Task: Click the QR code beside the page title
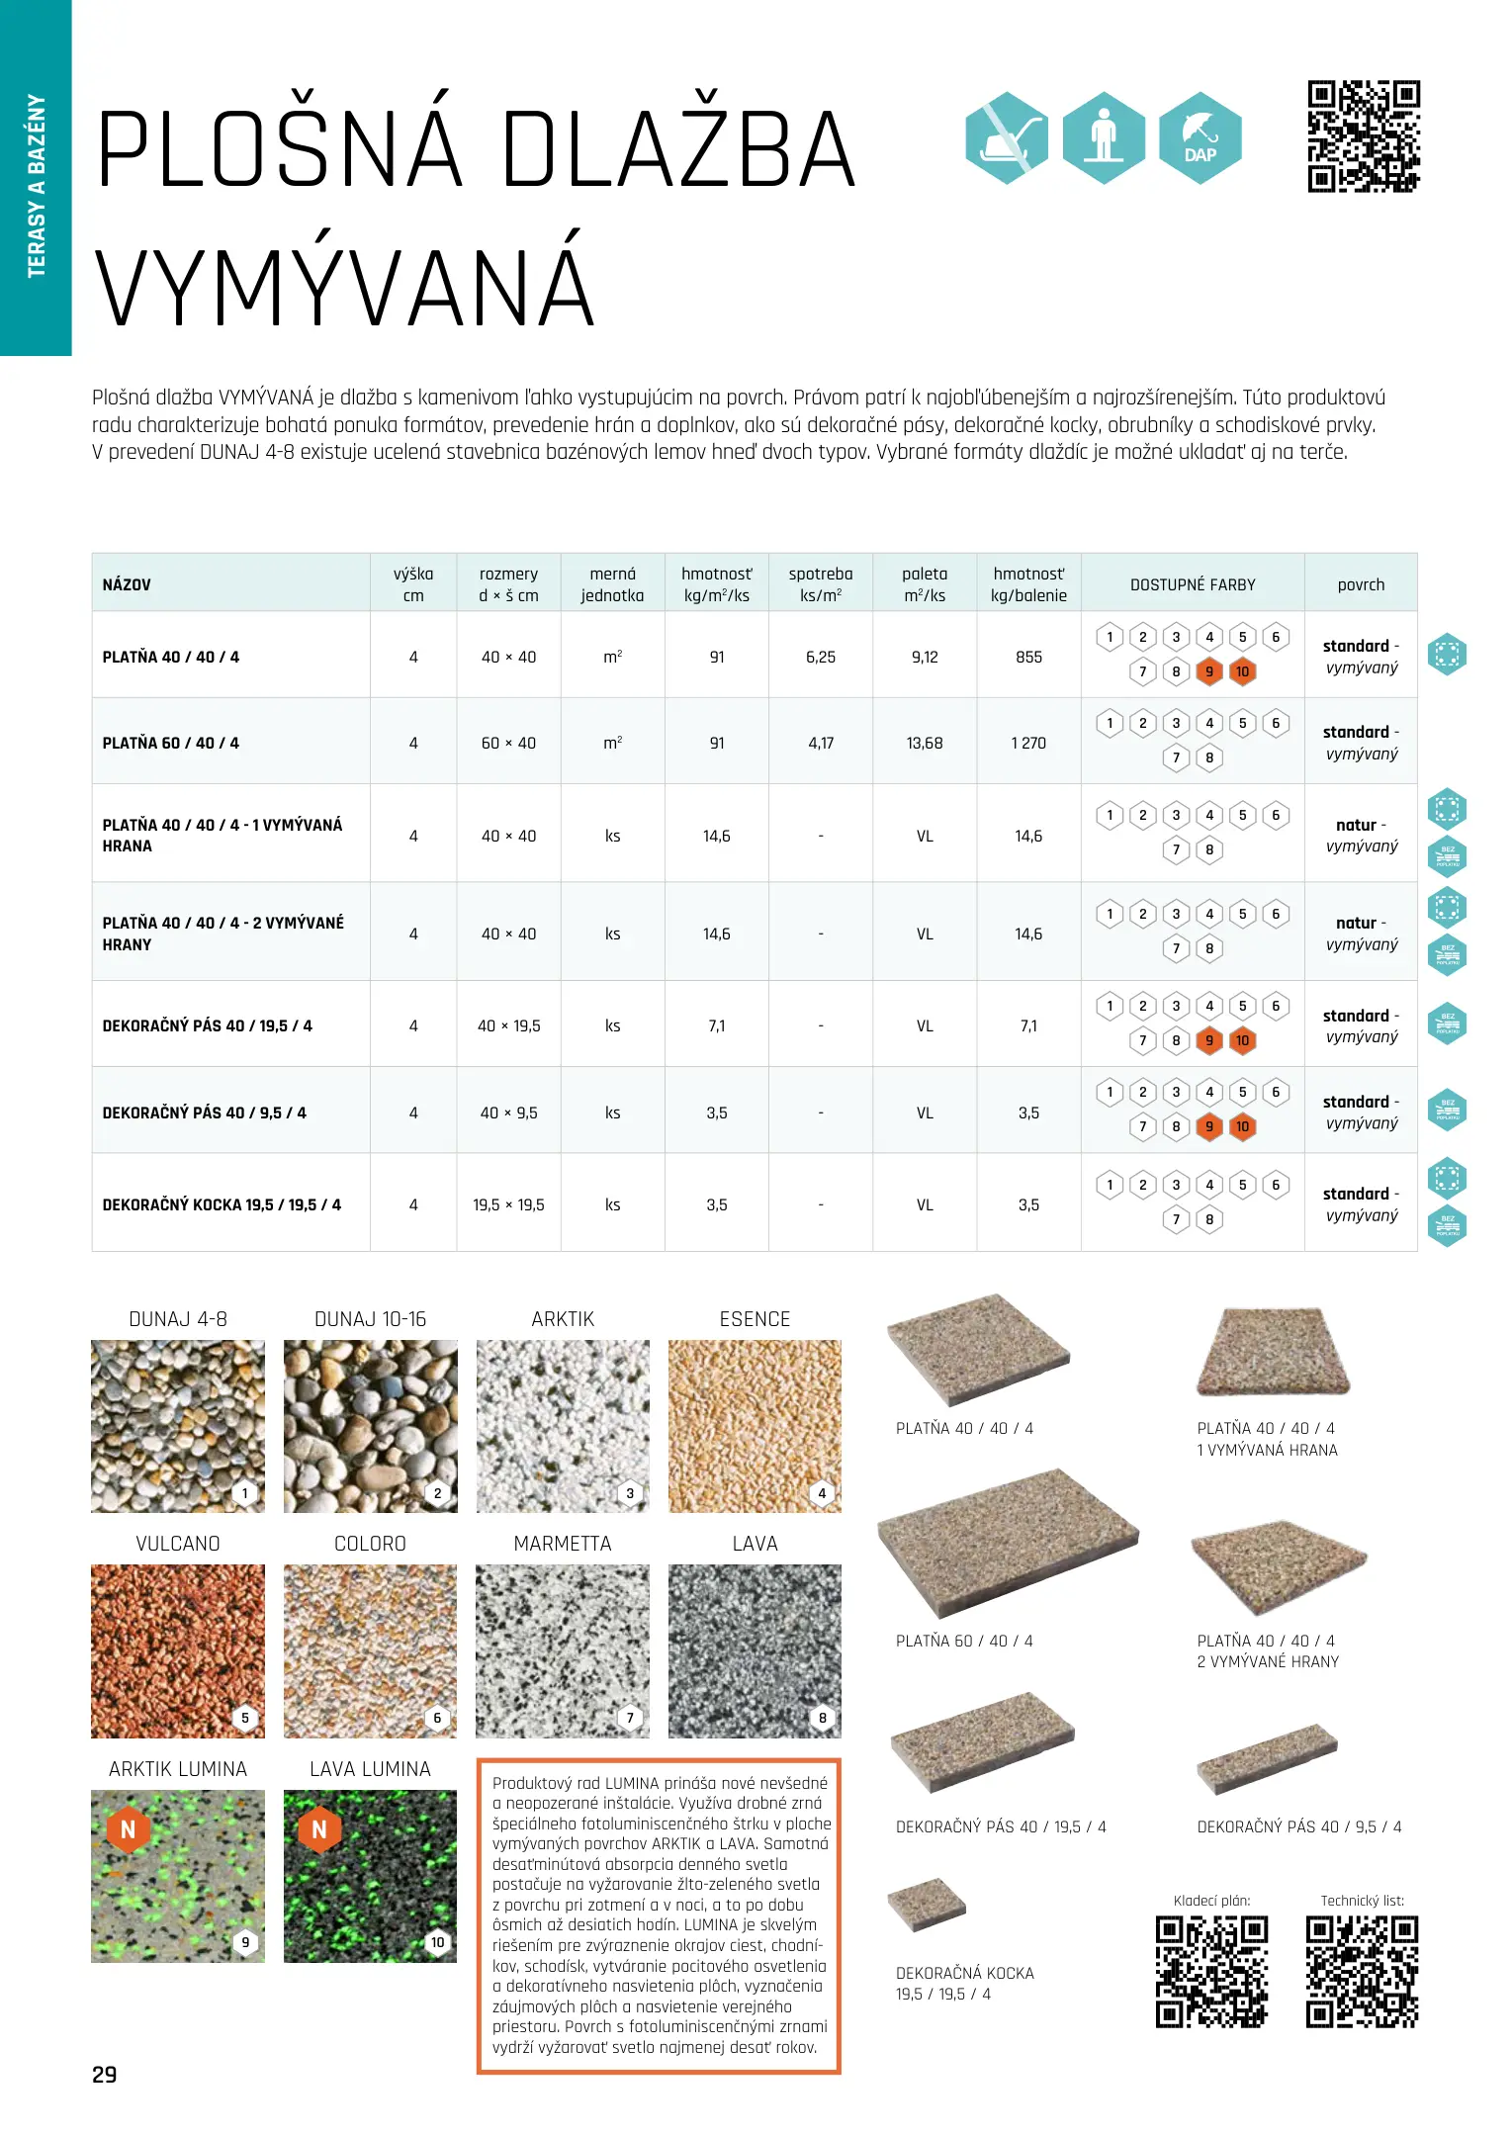(1363, 136)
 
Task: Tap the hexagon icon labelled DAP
(1200, 137)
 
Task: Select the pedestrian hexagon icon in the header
(1104, 137)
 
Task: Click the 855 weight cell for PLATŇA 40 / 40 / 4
(1028, 657)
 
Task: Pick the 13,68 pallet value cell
(925, 743)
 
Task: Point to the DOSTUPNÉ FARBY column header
(1193, 584)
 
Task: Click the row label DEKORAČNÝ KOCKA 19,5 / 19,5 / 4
(222, 1204)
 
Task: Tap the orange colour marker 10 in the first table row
(1242, 672)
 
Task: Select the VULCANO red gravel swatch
(178, 1650)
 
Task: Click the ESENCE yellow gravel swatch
(755, 1426)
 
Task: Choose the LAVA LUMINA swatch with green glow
(370, 1876)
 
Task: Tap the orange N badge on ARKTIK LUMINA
(128, 1829)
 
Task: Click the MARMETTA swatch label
(563, 1544)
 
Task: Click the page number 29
(105, 2075)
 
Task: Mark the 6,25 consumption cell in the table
(821, 657)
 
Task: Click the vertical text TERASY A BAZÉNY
(37, 186)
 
